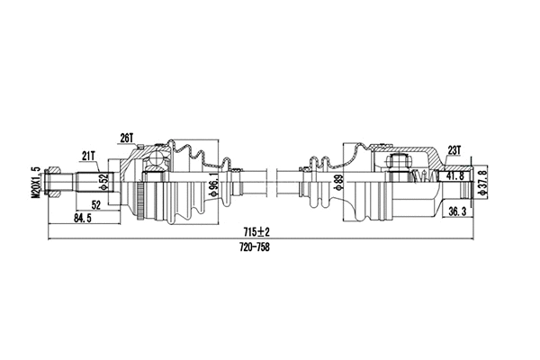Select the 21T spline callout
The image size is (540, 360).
pos(89,154)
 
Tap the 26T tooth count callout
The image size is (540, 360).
pos(126,138)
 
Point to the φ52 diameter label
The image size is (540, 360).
pos(103,180)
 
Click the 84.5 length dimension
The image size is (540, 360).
pos(83,217)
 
